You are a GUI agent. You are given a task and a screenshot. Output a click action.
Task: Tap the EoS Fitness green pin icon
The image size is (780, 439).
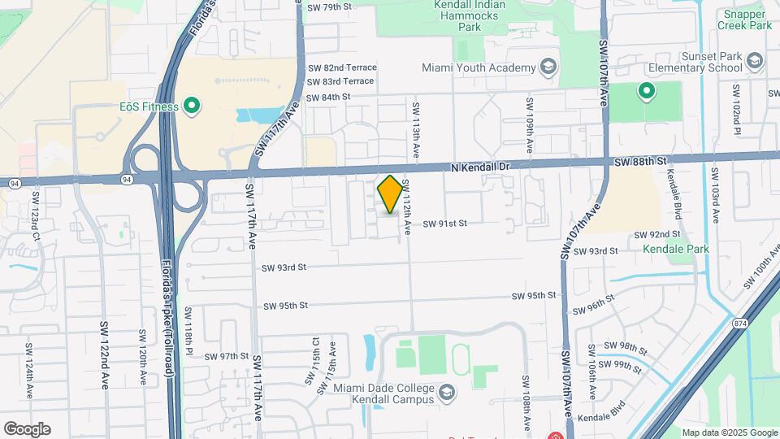[192, 105]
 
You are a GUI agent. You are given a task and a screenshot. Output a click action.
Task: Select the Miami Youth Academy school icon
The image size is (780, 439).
[548, 67]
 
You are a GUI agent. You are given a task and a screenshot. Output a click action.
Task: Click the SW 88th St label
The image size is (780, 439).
[640, 162]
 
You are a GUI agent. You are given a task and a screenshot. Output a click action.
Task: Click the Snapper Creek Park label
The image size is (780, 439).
[744, 20]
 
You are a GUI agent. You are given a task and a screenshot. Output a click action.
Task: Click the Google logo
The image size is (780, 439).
[27, 428]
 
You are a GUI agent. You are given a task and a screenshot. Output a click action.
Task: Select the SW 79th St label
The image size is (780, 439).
[329, 7]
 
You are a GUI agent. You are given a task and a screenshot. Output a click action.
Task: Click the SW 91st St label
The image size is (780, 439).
[444, 223]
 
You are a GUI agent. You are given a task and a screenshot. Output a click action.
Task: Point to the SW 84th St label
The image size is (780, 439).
[329, 97]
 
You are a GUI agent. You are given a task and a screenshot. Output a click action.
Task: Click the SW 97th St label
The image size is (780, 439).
[227, 356]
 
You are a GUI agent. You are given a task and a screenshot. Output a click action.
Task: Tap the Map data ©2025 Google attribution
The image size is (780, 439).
[729, 432]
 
